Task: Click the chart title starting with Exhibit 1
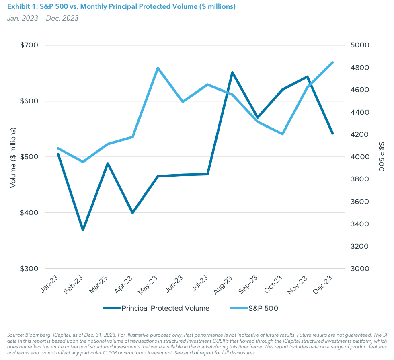pyautogui.click(x=121, y=7)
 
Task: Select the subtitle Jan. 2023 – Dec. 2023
pyautogui.click(x=42, y=18)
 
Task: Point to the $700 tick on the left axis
pyautogui.click(x=29, y=45)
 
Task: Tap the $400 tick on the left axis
pyautogui.click(x=29, y=213)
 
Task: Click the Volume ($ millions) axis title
pyautogui.click(x=13, y=157)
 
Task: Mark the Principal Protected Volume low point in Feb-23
pyautogui.click(x=83, y=230)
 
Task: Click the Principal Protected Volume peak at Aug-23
pyautogui.click(x=232, y=73)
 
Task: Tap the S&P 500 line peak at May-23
pyautogui.click(x=158, y=68)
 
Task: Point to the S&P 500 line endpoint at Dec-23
pyautogui.click(x=332, y=62)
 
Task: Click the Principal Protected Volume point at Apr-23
pyautogui.click(x=133, y=212)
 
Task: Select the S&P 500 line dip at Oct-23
pyautogui.click(x=283, y=134)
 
